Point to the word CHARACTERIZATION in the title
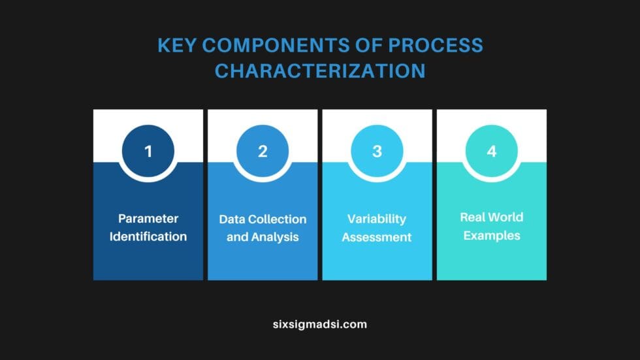pos(320,70)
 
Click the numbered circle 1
pos(148,152)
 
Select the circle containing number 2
pos(263,152)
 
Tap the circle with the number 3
pos(377,152)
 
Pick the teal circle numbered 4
pos(492,152)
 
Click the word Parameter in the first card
pos(148,218)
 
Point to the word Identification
pos(148,236)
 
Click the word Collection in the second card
pos(277,219)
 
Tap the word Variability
pos(377,218)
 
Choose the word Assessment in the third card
pos(377,237)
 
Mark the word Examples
pos(492,235)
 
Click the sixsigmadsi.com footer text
pos(320,323)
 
